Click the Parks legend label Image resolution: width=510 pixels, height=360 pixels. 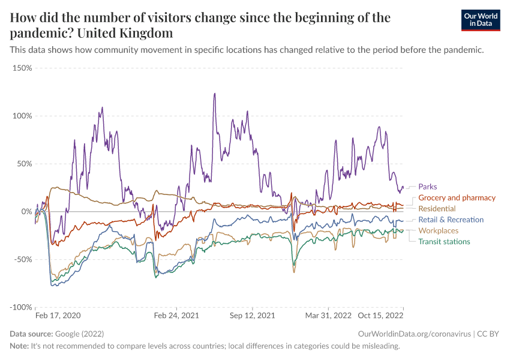pos(428,187)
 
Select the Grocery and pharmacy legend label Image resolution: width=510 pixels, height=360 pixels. pos(457,197)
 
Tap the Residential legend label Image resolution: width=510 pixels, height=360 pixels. pos(437,208)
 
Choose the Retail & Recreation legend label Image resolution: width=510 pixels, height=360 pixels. pos(451,220)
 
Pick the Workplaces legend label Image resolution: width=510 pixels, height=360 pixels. pos(438,230)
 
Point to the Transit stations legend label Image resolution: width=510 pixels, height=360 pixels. pos(444,241)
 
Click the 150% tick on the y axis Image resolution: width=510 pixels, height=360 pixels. pos(22,68)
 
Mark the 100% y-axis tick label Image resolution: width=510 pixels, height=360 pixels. pos(22,116)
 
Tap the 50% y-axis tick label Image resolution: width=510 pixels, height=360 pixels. pos(24,164)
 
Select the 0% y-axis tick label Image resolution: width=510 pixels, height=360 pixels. pos(26,212)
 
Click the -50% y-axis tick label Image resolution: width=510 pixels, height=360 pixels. pos(23,259)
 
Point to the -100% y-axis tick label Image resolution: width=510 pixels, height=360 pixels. pos(21,307)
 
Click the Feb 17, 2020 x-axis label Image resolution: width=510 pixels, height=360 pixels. pos(58,315)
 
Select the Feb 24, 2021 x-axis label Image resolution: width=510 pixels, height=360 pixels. pos(176,315)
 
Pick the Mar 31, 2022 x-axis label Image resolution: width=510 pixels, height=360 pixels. pos(328,315)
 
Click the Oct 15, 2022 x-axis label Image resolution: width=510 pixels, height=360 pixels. pos(381,315)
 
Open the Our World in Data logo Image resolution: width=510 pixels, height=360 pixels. pos(480,20)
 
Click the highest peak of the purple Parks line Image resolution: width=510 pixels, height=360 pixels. pos(214,94)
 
